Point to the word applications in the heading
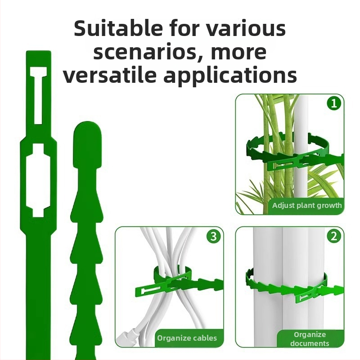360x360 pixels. (230, 76)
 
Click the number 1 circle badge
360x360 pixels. (334, 103)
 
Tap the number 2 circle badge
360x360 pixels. (334, 236)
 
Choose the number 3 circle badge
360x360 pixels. (213, 236)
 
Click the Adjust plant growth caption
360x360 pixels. (307, 205)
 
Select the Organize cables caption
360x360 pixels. (187, 338)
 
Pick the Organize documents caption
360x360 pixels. (310, 339)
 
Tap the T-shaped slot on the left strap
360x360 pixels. (38, 95)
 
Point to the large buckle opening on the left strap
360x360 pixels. (38, 180)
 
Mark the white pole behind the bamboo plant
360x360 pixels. (301, 147)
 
